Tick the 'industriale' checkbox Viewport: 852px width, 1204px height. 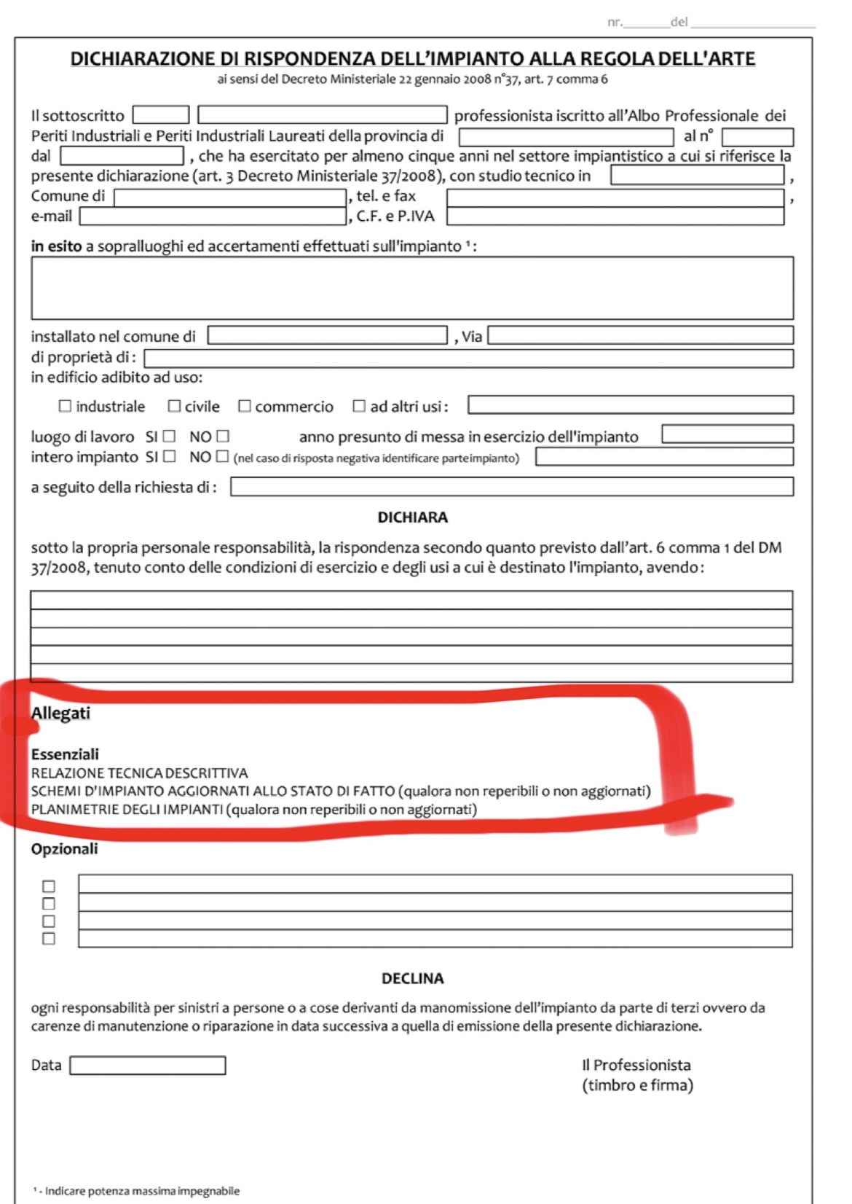tap(66, 406)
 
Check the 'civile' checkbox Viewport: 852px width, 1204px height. tap(174, 406)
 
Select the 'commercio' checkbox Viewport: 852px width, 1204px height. tap(245, 406)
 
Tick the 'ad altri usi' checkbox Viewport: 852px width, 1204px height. tap(359, 406)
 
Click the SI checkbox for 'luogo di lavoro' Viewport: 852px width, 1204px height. tap(169, 437)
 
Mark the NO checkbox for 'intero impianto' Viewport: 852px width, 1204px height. tap(222, 457)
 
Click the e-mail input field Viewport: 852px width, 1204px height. tap(212, 216)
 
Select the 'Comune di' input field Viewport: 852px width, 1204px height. tap(229, 197)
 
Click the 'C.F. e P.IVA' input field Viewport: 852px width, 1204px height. tap(615, 216)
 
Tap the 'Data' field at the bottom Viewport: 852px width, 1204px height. tap(147, 1066)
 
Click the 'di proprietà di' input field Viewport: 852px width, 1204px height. tap(468, 358)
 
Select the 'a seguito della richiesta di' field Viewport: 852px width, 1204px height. tap(511, 487)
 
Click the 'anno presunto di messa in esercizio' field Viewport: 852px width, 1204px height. tap(727, 434)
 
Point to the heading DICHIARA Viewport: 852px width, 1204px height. tap(412, 517)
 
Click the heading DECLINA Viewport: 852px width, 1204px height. tap(412, 978)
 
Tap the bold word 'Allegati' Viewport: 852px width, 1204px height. tap(60, 714)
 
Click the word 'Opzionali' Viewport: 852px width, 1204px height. tap(64, 849)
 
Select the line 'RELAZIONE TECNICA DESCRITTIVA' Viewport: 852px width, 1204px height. tap(139, 773)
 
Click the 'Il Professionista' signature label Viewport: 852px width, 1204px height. tap(636, 1065)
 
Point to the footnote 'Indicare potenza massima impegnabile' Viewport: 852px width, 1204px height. tap(142, 1191)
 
